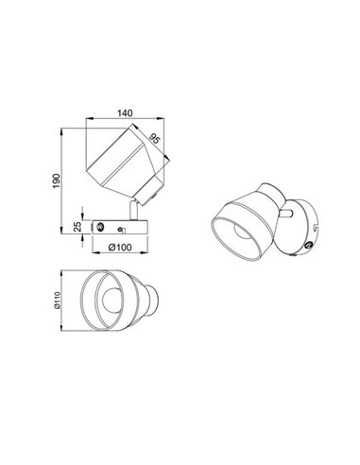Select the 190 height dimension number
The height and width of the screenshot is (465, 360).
57,180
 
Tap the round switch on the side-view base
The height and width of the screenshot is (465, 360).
99,227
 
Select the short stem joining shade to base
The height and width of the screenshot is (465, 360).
131,211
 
